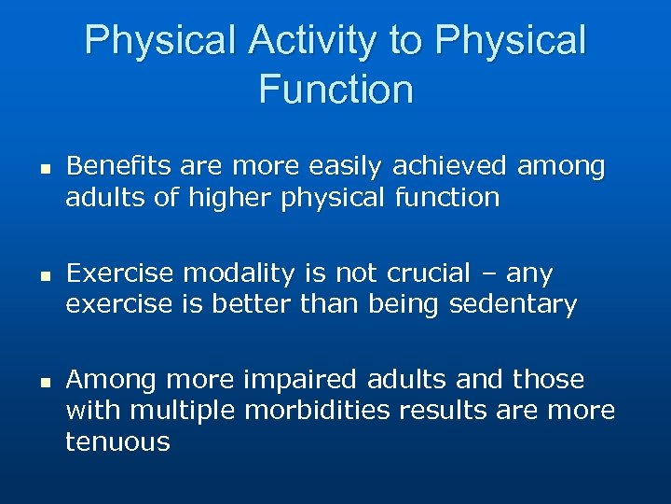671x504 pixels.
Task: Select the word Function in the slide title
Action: [335, 91]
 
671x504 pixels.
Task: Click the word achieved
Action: [449, 167]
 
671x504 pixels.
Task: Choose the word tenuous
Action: [117, 441]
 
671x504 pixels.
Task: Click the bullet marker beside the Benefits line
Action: [43, 168]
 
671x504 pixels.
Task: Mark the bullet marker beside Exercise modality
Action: [43, 274]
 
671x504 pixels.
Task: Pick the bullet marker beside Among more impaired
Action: [43, 381]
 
